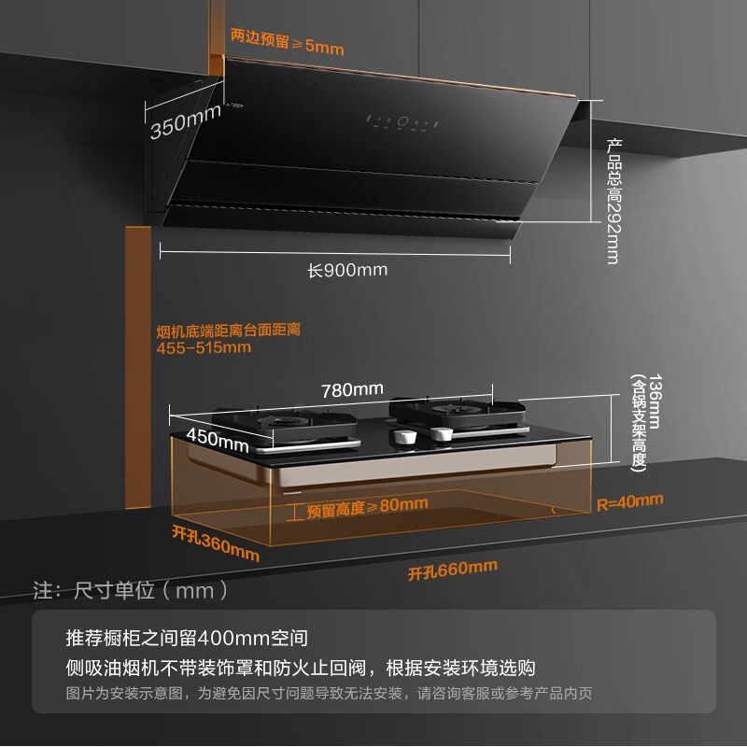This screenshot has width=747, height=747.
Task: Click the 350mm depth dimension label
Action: [185, 122]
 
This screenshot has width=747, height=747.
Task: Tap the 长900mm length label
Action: [347, 271]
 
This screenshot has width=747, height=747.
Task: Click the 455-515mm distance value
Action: [204, 347]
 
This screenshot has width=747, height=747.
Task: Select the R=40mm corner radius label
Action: [629, 502]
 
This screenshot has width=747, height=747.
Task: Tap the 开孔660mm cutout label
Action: [452, 569]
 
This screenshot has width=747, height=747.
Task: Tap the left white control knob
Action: [406, 436]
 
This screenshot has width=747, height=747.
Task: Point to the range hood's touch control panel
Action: [402, 121]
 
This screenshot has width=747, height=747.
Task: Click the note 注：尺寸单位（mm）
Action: [131, 591]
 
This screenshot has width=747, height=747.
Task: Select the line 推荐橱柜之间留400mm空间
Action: [187, 639]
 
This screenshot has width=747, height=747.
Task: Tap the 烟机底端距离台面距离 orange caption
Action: [228, 330]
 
